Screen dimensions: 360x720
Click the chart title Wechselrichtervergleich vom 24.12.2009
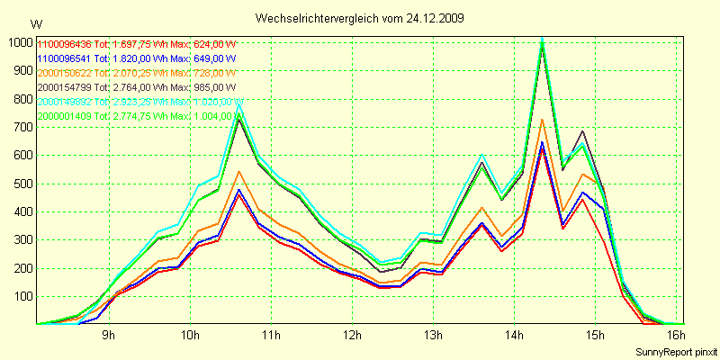point(360,18)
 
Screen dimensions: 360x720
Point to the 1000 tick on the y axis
point(18,41)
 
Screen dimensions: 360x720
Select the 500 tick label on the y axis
point(21,184)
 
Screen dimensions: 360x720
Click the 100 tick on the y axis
point(21,296)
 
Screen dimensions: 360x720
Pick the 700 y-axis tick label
point(21,127)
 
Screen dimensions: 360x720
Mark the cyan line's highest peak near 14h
point(542,38)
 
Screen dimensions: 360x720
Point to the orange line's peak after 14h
point(542,119)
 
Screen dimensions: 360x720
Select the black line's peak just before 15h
point(583,131)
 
